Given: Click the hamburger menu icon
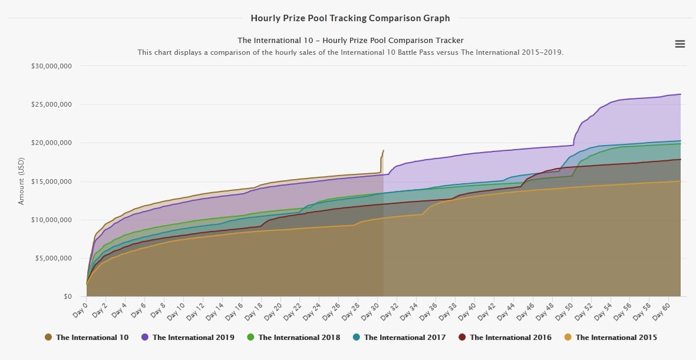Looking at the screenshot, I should [679, 44].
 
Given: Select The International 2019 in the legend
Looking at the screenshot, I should [193, 338].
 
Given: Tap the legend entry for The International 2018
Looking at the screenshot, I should [299, 338].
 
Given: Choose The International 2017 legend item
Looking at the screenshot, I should [404, 338].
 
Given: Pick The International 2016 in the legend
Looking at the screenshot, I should [510, 338].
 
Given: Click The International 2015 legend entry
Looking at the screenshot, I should [616, 338].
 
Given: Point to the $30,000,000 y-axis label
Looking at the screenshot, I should [51, 66].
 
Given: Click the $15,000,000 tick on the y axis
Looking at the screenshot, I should [51, 181].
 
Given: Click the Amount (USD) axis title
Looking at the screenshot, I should [22, 182].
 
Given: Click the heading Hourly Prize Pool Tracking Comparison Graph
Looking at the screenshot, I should [350, 18].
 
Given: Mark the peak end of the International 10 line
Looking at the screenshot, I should [383, 151].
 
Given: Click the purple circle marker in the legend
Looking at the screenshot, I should [144, 338].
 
